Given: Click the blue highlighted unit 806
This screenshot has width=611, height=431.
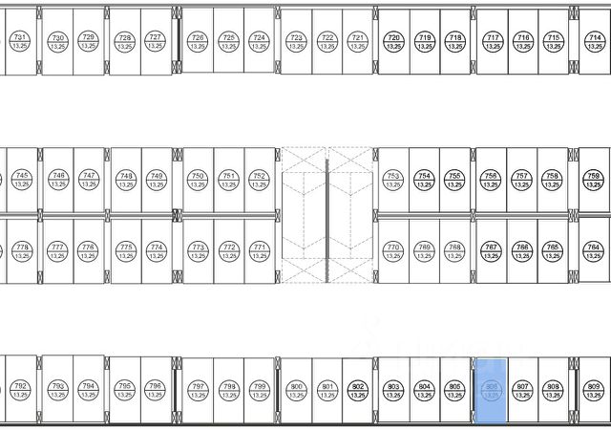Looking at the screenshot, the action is [492, 390].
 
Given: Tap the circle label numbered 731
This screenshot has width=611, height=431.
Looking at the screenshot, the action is [20, 40].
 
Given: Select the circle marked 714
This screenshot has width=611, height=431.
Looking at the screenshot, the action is [594, 40].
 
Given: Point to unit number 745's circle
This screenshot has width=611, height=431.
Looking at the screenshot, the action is [22, 180].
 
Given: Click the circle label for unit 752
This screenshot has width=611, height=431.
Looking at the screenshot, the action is [259, 180].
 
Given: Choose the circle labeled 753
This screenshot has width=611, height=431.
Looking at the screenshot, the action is [392, 180].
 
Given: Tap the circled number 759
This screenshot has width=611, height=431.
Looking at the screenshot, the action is [594, 180].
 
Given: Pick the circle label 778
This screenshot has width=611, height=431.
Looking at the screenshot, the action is [22, 250].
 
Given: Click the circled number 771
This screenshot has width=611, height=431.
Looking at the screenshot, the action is [259, 250].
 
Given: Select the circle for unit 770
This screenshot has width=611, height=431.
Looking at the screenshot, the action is [392, 250].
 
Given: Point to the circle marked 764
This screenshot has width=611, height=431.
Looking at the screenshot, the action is [594, 250].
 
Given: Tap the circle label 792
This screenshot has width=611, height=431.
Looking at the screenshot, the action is [20, 390].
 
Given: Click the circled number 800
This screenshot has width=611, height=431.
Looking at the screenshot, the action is [296, 390].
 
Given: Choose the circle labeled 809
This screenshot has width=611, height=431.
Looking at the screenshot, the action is [594, 390].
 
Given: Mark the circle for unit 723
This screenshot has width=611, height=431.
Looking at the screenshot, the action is [296, 40].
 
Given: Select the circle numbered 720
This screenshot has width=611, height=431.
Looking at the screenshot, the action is [392, 40].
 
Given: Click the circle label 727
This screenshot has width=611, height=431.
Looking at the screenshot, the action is [154, 40].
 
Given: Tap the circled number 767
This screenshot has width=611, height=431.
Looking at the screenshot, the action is [491, 250].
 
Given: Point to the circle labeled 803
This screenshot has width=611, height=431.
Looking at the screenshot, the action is [392, 390].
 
